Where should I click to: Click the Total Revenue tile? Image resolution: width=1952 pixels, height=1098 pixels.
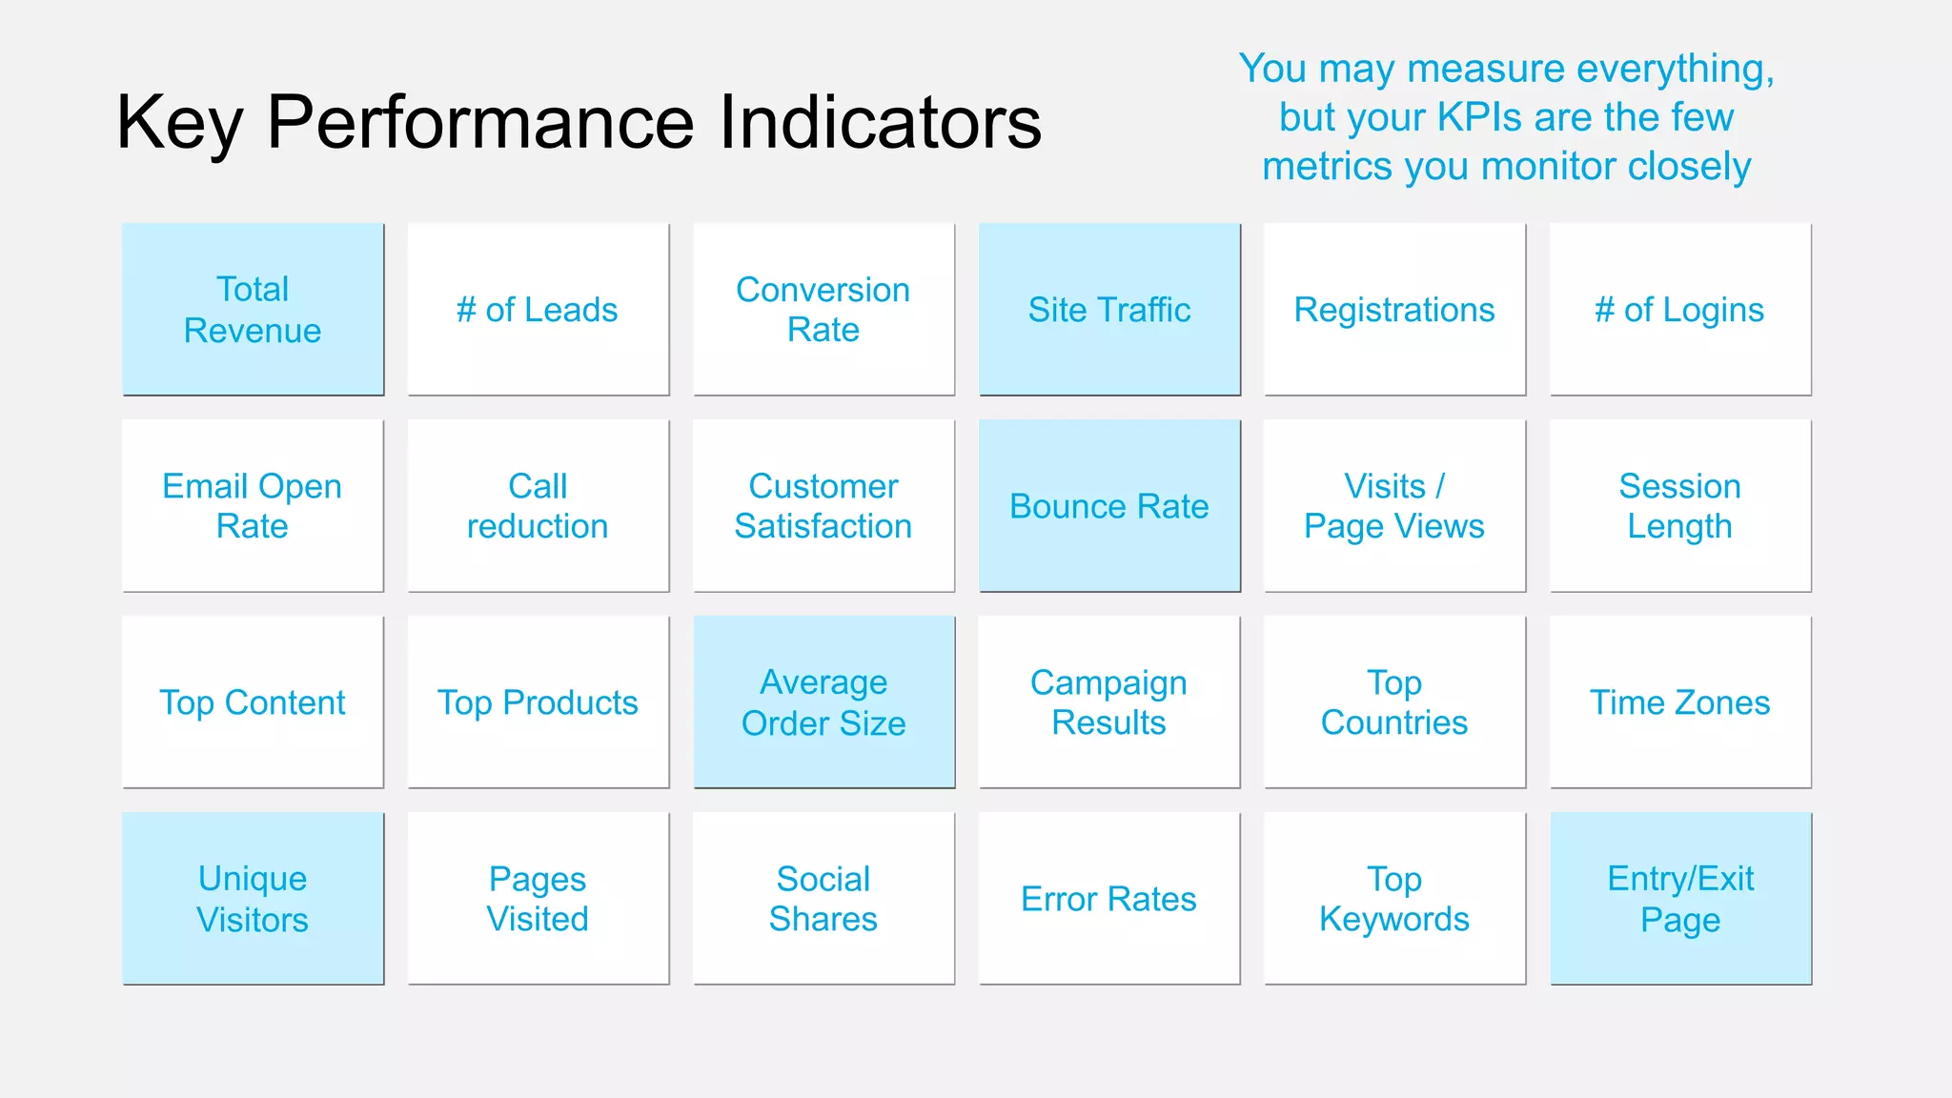253,310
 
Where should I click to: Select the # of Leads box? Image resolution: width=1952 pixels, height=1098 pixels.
538,310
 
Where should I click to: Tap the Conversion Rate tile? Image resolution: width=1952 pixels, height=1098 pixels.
823,310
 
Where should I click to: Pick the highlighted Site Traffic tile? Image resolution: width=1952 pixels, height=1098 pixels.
1109,310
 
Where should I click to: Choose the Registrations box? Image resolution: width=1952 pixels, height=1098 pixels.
1394,310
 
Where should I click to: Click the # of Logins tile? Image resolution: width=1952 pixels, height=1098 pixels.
1680,310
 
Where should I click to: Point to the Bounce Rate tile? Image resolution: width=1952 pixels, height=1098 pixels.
1109,506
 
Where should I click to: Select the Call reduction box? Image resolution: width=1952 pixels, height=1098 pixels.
538,506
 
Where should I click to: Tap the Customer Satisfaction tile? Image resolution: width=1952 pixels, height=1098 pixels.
823,506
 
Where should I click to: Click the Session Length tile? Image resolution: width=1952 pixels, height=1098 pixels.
1680,506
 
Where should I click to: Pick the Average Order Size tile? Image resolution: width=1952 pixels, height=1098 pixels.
823,702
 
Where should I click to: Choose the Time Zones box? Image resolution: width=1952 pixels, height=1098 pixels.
1680,702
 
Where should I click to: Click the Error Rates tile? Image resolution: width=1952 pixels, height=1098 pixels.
1109,899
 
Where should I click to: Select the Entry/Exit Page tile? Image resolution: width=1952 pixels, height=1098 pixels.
1680,899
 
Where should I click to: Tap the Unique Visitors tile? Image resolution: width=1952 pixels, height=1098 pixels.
253,899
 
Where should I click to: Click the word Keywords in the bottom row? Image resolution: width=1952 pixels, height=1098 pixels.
1394,920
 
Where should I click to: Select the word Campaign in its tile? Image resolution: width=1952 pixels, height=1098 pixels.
1108,683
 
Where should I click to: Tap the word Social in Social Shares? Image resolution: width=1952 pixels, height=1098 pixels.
823,879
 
